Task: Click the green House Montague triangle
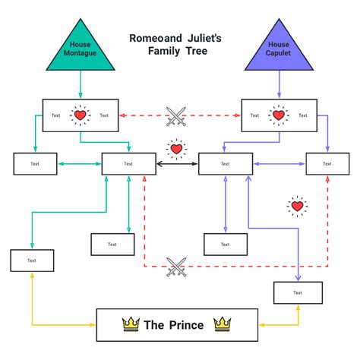tap(80, 50)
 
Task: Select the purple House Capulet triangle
tap(279, 50)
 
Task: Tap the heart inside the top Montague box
tap(80, 115)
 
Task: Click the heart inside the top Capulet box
tap(279, 115)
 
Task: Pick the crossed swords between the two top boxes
tap(177, 115)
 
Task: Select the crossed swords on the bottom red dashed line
tap(176, 267)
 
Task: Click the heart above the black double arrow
tap(176, 149)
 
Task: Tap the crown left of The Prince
tap(131, 325)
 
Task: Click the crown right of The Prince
tap(222, 325)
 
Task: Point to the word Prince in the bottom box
tap(186, 325)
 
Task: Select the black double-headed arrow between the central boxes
tap(177, 163)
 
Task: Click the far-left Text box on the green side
tap(35, 163)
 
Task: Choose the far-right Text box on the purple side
tap(327, 163)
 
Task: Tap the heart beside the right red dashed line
tap(298, 206)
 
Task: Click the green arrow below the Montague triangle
tap(80, 84)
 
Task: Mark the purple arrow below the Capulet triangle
tap(279, 84)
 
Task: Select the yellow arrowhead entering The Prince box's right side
tap(261, 325)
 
